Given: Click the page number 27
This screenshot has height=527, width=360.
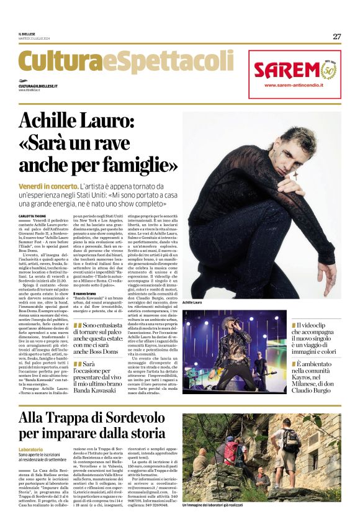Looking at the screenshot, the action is click(x=336, y=37).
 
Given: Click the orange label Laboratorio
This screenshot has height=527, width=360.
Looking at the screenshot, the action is click(x=31, y=449).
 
